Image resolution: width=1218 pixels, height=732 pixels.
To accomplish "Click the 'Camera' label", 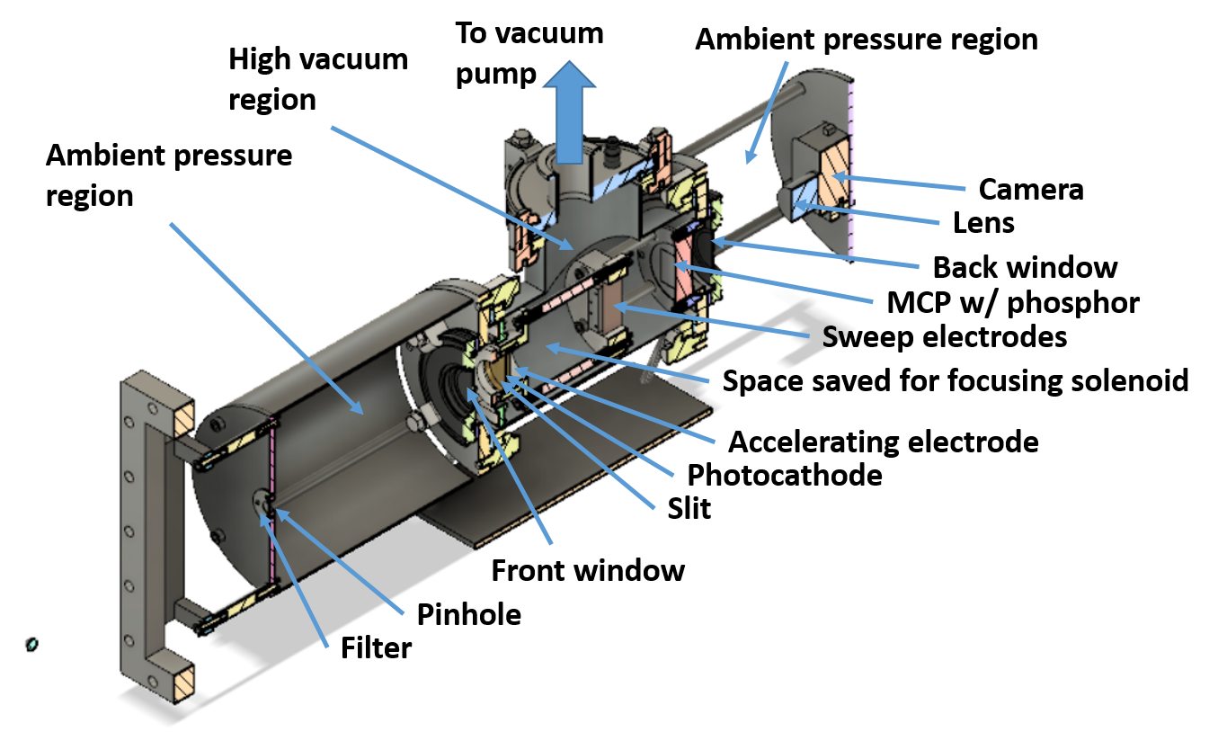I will pos(1030,190).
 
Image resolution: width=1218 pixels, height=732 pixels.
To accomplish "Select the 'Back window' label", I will pos(1025,267).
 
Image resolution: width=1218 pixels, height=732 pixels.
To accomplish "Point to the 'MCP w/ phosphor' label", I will pos(1012,302).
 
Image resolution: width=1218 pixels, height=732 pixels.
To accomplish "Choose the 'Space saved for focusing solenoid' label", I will pos(956,380).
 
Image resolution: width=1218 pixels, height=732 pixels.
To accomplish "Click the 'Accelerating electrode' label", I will pos(883,442).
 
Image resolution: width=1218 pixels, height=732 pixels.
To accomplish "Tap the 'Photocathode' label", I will pos(785,474).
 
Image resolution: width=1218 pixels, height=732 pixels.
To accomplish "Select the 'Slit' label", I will pos(689,508).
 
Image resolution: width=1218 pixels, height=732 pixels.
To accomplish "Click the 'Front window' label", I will pos(588,569).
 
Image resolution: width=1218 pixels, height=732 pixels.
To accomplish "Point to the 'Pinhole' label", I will pos(469,615).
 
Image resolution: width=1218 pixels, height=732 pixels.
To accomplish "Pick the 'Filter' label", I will pos(376,647).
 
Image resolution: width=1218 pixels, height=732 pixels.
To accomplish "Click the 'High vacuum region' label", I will pos(317,79).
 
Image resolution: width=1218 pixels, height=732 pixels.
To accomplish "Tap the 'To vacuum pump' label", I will pos(529,52).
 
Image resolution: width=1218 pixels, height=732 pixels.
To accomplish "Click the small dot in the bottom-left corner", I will pos(31,644).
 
